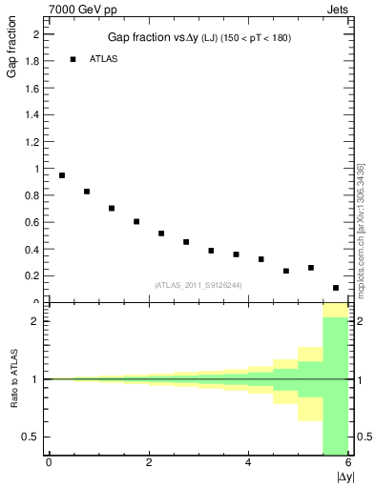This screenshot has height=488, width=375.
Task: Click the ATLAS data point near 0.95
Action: [62, 175]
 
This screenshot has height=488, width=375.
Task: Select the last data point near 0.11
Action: [336, 288]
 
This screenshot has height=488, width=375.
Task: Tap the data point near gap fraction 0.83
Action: [87, 192]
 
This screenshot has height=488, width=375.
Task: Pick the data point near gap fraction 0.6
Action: [136, 222]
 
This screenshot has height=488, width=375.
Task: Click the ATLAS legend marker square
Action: [73, 59]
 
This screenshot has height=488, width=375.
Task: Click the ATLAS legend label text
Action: [103, 59]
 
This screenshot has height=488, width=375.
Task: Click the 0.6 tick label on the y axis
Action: [33, 222]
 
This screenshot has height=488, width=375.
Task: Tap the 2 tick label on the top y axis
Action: [36, 34]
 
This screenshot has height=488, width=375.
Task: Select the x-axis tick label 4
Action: [248, 463]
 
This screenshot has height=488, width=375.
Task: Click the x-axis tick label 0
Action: [49, 463]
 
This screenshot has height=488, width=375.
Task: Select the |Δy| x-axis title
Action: [345, 477]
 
